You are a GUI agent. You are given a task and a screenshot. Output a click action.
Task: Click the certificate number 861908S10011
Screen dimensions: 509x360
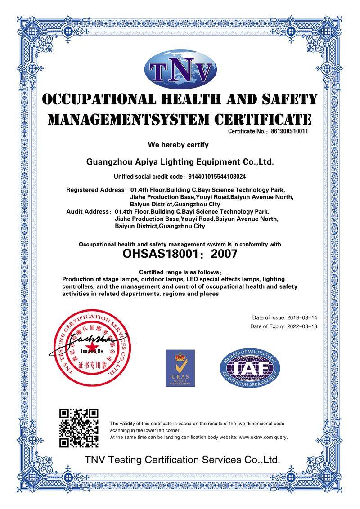coord(288,131)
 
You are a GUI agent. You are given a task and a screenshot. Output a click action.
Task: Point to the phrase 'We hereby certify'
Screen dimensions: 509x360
coord(178,145)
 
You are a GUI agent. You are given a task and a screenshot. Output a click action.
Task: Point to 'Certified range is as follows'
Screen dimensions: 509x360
coord(180,272)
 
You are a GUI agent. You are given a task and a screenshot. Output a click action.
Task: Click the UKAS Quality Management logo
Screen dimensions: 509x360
coord(180,368)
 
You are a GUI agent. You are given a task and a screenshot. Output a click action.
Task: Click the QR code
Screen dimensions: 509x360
coord(79,428)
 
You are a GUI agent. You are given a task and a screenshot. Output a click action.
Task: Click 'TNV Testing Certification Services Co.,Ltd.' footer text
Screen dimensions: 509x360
coord(183,460)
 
